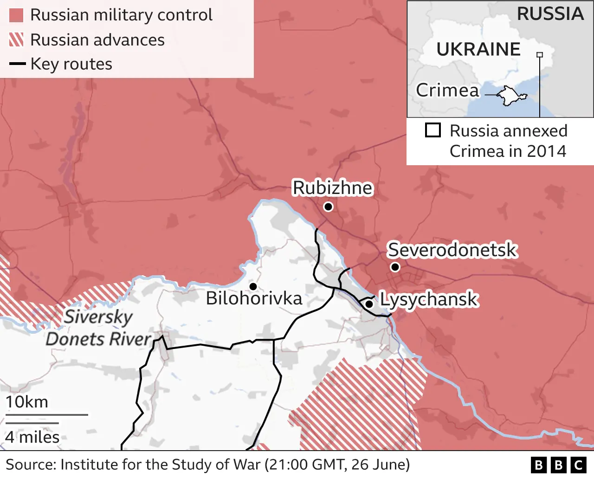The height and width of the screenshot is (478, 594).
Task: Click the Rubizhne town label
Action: pyautogui.click(x=332, y=188)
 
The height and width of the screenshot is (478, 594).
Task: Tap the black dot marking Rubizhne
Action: pyautogui.click(x=329, y=207)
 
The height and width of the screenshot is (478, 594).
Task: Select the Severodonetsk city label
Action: pyautogui.click(x=452, y=250)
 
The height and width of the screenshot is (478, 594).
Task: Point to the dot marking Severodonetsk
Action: pyautogui.click(x=395, y=267)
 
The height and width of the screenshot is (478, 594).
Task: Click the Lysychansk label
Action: pyautogui.click(x=429, y=299)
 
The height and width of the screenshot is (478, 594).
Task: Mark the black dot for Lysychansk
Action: pyautogui.click(x=369, y=304)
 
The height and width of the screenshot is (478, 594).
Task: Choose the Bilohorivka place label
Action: pyautogui.click(x=254, y=298)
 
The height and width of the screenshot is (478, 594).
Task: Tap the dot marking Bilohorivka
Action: pyautogui.click(x=253, y=287)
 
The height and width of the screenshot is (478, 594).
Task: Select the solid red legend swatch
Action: pyautogui.click(x=16, y=15)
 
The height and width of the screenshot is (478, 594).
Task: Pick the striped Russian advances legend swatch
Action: pyautogui.click(x=16, y=40)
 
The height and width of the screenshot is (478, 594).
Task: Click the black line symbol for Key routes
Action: pyautogui.click(x=17, y=64)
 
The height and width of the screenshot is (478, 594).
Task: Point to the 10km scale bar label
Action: pyautogui.click(x=27, y=402)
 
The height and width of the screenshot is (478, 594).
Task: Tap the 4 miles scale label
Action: pyautogui.click(x=32, y=437)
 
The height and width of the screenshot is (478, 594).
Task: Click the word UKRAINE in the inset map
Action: pyautogui.click(x=478, y=49)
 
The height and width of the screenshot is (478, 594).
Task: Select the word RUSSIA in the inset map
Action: pyautogui.click(x=550, y=14)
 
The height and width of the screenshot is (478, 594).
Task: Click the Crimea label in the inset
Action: pyautogui.click(x=447, y=90)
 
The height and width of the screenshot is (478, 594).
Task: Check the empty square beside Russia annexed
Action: pyautogui.click(x=433, y=130)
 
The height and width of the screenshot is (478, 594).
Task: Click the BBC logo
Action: pyautogui.click(x=559, y=465)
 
